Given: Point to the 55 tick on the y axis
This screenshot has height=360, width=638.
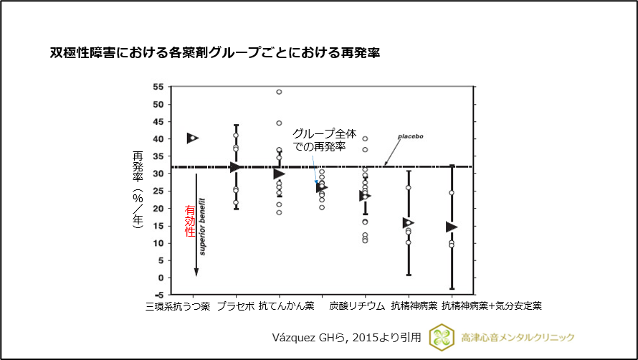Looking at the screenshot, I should click(x=158, y=87).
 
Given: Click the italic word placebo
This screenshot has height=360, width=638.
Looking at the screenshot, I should click(x=411, y=136).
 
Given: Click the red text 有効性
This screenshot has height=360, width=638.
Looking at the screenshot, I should click(x=190, y=221).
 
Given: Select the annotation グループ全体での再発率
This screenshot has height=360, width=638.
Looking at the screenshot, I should click(x=324, y=140).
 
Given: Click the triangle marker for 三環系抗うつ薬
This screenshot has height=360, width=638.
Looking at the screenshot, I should click(x=192, y=138).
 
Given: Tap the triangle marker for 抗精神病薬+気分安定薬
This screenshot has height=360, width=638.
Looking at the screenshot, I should click(x=452, y=227).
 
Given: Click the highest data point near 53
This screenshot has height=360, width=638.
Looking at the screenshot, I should click(x=279, y=92).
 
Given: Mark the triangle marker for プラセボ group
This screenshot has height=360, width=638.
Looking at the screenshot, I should click(x=236, y=167).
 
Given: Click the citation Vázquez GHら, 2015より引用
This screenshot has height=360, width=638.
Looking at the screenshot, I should click(x=347, y=338).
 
